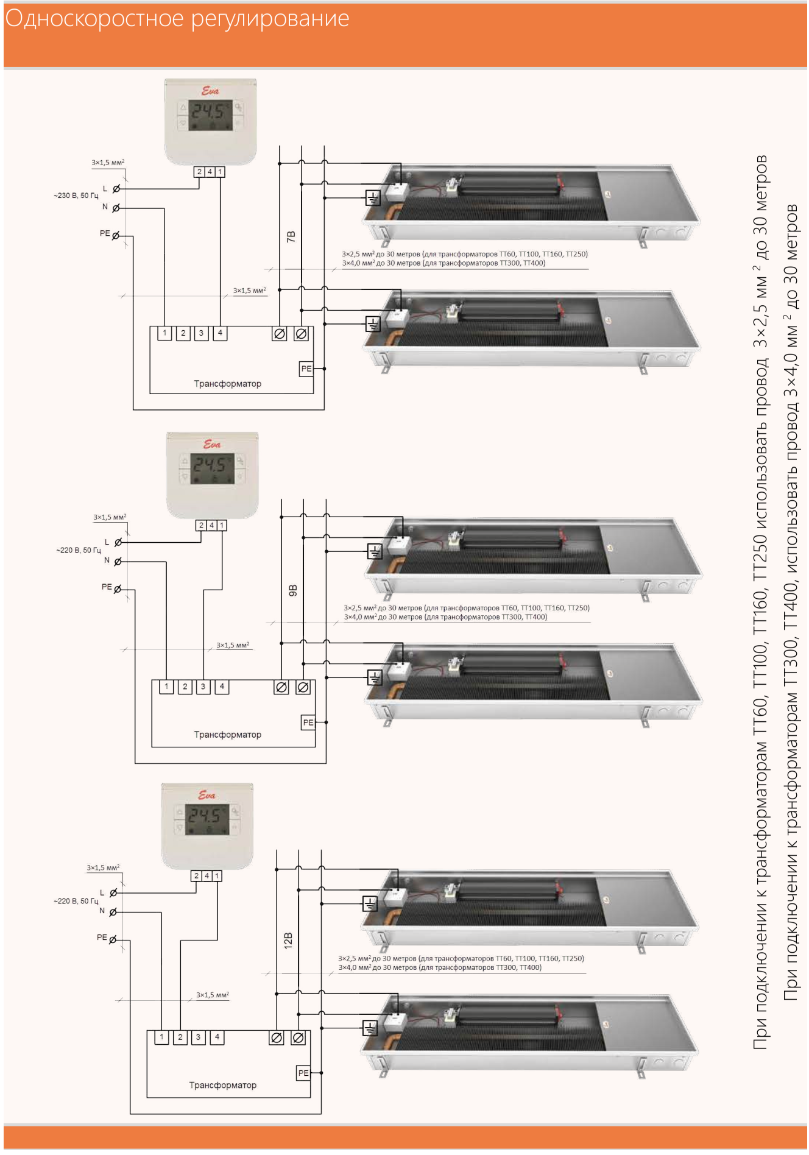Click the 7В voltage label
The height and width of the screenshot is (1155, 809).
[291, 236]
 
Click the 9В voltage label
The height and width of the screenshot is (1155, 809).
[292, 590]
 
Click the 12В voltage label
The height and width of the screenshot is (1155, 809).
[288, 940]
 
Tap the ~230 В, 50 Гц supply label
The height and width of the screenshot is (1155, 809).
[76, 196]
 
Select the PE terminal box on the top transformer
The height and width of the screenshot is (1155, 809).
[306, 369]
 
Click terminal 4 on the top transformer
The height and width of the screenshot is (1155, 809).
[220, 333]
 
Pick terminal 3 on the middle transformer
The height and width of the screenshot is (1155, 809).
[203, 687]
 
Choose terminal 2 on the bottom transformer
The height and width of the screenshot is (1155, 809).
[180, 1037]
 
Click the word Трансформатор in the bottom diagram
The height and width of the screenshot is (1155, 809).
[222, 1085]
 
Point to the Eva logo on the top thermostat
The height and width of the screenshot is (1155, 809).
[210, 91]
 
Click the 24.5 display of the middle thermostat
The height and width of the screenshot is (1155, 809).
[212, 466]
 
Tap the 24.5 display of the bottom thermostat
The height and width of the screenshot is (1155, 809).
[207, 816]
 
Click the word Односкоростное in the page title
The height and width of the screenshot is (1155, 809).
[94, 19]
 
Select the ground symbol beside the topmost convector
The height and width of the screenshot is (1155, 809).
[373, 197]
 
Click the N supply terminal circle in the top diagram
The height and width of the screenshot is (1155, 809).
[116, 208]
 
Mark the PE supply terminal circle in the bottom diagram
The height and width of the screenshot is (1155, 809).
[113, 940]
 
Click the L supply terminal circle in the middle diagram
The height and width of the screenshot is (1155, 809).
[118, 542]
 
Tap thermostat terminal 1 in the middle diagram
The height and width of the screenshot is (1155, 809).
[222, 525]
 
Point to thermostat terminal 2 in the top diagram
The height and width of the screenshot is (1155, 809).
[199, 172]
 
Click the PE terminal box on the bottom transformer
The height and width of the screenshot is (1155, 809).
[303, 1073]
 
